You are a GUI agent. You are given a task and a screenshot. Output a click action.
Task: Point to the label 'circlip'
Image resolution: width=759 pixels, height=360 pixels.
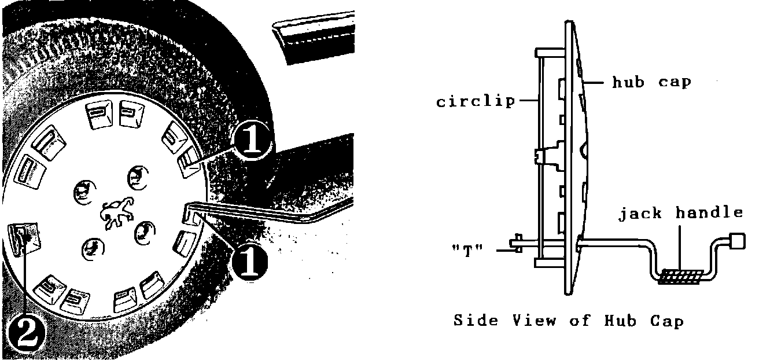pyautogui.click(x=476, y=101)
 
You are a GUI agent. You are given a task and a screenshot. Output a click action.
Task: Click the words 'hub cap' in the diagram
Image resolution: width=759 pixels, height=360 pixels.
pyautogui.click(x=651, y=82)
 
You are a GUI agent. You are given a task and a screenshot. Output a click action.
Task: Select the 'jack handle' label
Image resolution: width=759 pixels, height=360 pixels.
pyautogui.click(x=680, y=213)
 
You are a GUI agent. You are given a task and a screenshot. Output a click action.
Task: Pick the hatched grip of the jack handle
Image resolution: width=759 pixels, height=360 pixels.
pyautogui.click(x=683, y=276)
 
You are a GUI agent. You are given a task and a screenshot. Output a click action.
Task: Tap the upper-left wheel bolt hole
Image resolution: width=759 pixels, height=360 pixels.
pyautogui.click(x=83, y=190)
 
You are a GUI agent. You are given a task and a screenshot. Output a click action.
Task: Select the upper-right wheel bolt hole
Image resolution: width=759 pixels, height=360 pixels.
pyautogui.click(x=138, y=175)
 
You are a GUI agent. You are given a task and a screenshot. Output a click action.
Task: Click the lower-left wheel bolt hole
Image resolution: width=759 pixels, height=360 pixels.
pyautogui.click(x=92, y=248)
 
